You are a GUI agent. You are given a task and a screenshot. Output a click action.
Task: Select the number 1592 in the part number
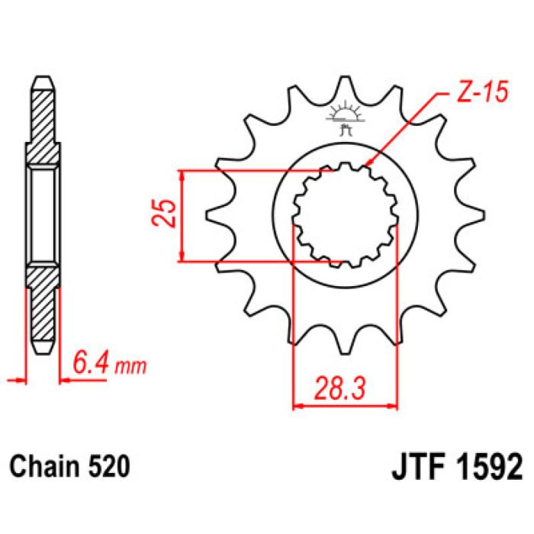click(x=484, y=465)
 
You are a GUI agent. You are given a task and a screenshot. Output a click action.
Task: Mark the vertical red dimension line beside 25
click(x=182, y=216)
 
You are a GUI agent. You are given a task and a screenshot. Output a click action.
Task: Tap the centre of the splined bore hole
click(x=346, y=216)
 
